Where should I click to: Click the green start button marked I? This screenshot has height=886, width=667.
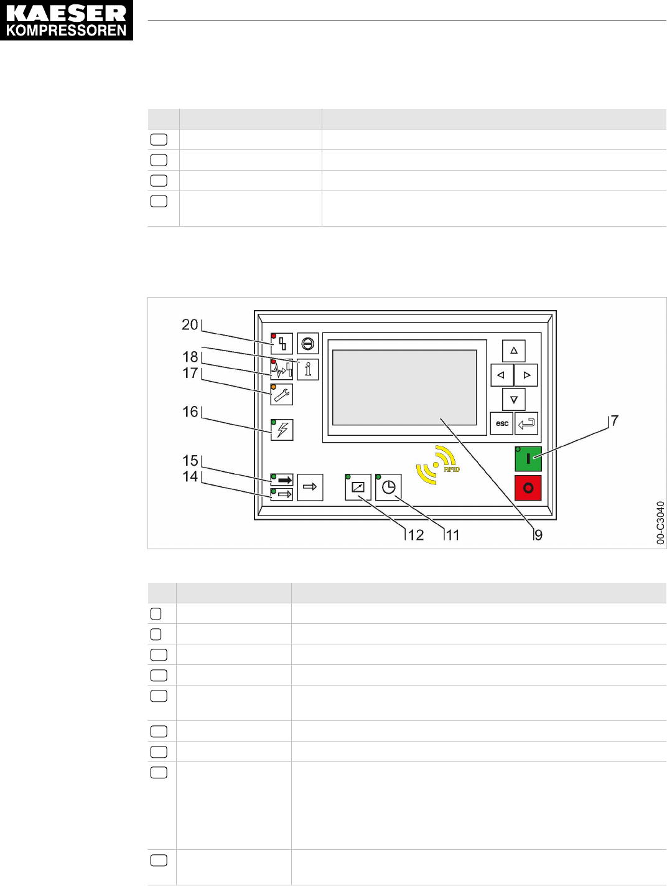click(x=528, y=459)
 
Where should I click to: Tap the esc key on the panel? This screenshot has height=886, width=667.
click(x=501, y=423)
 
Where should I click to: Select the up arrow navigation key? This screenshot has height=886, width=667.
click(x=514, y=351)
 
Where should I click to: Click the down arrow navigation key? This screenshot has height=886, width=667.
click(x=514, y=399)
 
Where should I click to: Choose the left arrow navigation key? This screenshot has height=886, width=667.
click(x=501, y=375)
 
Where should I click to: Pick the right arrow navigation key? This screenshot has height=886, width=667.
click(x=526, y=375)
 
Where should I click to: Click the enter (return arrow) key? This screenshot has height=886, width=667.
click(x=526, y=423)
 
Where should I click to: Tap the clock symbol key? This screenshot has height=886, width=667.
click(x=389, y=487)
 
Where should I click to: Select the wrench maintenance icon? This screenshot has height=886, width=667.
click(x=282, y=394)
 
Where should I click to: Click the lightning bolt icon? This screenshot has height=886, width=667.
click(x=282, y=430)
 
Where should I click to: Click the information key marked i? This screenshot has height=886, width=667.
click(x=308, y=369)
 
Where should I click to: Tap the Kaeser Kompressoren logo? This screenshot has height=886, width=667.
click(x=67, y=21)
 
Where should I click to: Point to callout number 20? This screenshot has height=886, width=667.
click(x=189, y=324)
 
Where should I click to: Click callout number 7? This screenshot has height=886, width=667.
click(x=615, y=421)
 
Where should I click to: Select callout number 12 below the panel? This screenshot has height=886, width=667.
click(x=416, y=535)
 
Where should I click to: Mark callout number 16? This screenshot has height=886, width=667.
click(x=190, y=412)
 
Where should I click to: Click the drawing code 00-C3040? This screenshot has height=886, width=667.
click(x=660, y=523)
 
